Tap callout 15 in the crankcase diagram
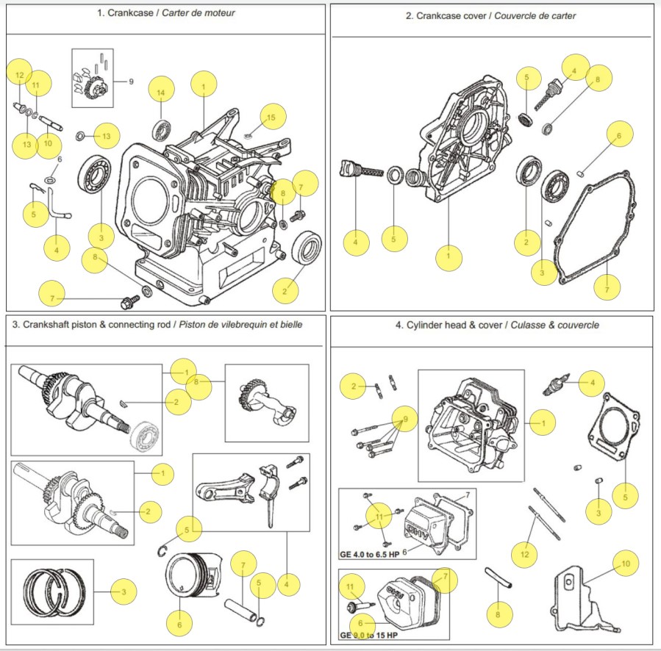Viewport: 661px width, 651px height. [271, 117]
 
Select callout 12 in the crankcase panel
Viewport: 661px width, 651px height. [19, 75]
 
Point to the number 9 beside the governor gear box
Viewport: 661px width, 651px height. [131, 82]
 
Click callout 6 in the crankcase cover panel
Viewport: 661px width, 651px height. [619, 135]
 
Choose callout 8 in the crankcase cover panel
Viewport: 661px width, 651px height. [598, 79]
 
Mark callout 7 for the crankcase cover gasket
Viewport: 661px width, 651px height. [607, 289]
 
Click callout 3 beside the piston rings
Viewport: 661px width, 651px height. [124, 591]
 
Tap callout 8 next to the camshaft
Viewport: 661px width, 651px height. [197, 382]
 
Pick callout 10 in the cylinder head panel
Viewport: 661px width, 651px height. [625, 564]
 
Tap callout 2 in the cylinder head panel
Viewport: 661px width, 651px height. [354, 386]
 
